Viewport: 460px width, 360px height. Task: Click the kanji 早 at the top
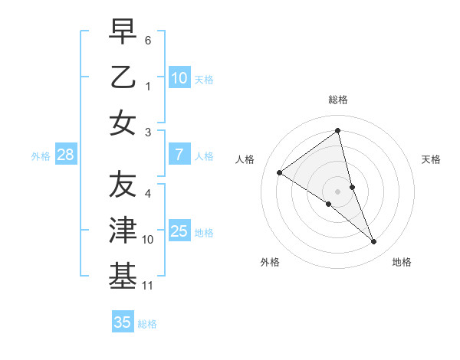(x=123, y=33)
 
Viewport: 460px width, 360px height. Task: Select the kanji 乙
(x=123, y=77)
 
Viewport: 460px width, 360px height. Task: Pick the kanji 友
(x=123, y=185)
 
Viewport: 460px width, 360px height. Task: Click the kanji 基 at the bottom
(x=123, y=277)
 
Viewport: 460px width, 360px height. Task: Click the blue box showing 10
(x=179, y=77)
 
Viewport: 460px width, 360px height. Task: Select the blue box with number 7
(x=179, y=155)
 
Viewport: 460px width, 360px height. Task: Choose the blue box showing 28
(x=66, y=155)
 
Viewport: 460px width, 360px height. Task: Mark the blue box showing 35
(x=123, y=322)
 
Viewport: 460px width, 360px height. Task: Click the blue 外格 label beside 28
(x=41, y=156)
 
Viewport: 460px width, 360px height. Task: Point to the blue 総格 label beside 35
(x=147, y=324)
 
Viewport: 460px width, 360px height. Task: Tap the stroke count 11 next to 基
(x=149, y=286)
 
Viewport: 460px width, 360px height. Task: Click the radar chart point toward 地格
(x=373, y=242)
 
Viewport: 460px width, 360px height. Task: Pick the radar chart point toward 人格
(x=279, y=172)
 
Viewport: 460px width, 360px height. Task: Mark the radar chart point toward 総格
(x=337, y=131)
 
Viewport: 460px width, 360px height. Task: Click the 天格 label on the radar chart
(x=432, y=159)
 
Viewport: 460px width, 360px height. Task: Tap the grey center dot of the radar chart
(x=337, y=191)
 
